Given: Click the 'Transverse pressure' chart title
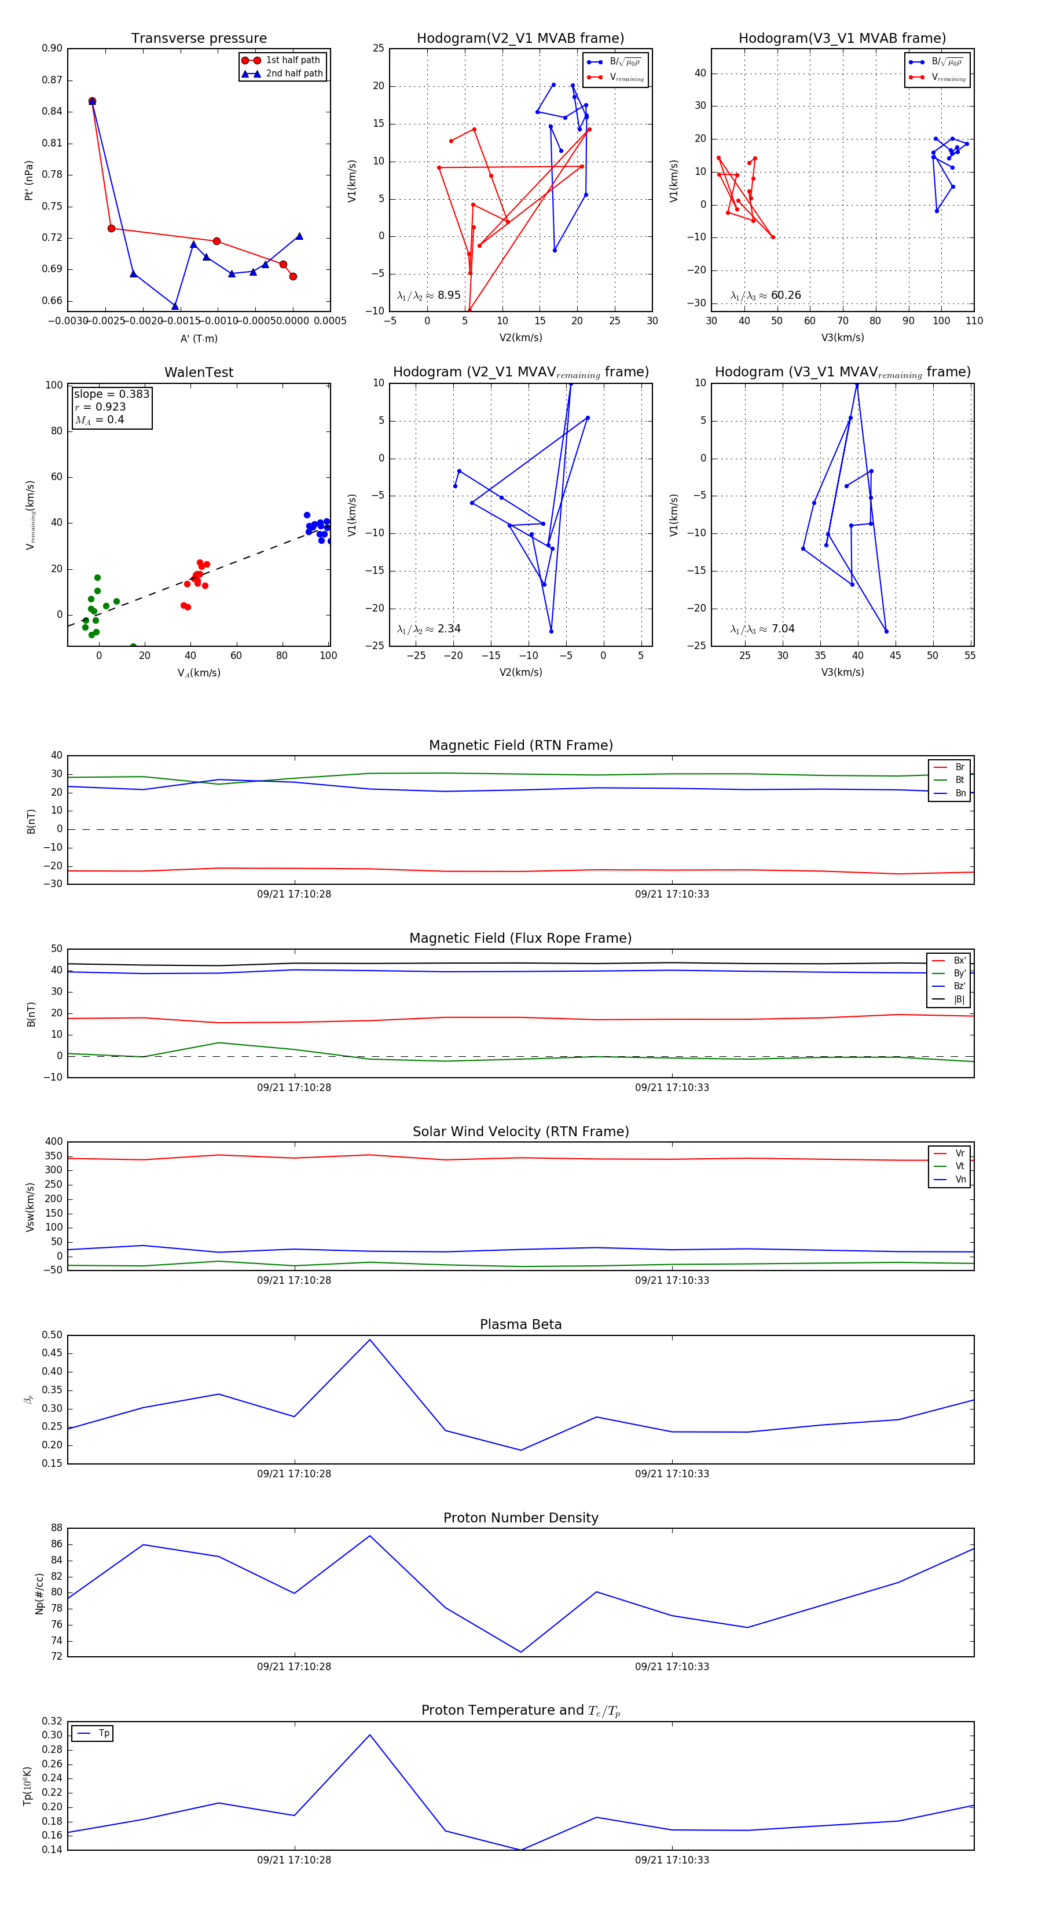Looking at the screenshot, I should click(x=199, y=39).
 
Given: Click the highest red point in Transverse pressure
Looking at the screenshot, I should click(x=92, y=101).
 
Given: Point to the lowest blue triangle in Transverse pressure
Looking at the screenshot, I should click(x=175, y=306).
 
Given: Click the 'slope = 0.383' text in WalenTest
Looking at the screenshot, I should click(x=111, y=394).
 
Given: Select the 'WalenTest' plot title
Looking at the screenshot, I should click(x=199, y=372).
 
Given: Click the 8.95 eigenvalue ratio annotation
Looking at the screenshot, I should click(x=449, y=295).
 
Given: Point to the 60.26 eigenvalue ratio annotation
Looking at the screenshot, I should click(x=786, y=295).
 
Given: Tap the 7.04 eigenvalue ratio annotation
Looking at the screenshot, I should click(x=783, y=629).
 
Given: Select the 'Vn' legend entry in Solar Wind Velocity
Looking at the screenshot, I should click(x=960, y=1180).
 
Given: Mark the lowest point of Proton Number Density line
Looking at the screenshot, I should click(x=520, y=1652).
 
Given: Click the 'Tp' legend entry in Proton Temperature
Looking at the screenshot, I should click(x=103, y=1734).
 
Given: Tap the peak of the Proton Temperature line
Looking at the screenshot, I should click(x=369, y=1735).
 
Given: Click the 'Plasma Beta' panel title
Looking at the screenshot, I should click(x=520, y=1325).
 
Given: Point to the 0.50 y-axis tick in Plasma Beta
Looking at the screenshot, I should click(x=52, y=1335).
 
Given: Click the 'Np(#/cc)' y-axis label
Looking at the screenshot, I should click(x=39, y=1594).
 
